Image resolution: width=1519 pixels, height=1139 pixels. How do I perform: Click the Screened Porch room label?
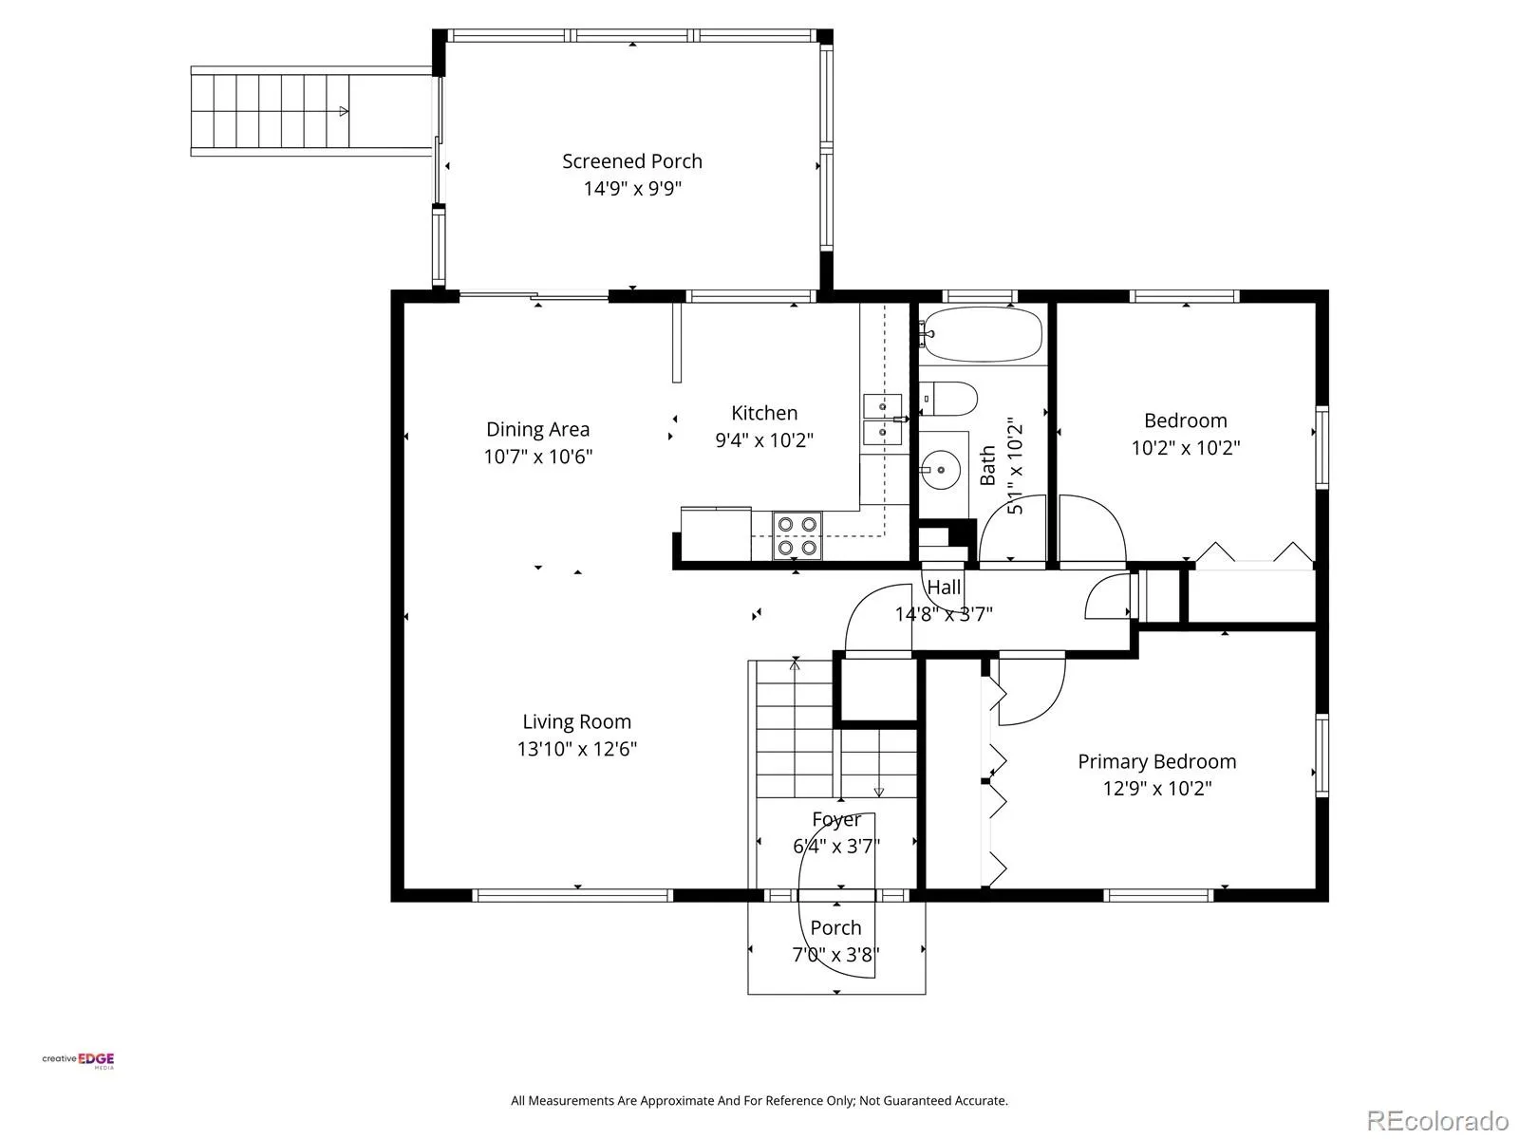pyautogui.click(x=632, y=161)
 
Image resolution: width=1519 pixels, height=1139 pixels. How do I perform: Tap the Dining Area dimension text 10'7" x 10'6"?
pyautogui.click(x=537, y=457)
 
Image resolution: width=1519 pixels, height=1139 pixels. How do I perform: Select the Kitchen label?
pyautogui.click(x=764, y=413)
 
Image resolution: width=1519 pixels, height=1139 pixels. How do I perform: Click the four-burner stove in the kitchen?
pyautogui.click(x=797, y=536)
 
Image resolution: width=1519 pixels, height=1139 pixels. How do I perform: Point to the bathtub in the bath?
pyautogui.click(x=983, y=335)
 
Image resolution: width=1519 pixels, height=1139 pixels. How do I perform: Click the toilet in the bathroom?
pyautogui.click(x=950, y=399)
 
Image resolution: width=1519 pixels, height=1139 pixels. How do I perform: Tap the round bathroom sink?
pyautogui.click(x=941, y=470)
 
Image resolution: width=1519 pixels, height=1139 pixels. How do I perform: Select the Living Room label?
pyautogui.click(x=576, y=721)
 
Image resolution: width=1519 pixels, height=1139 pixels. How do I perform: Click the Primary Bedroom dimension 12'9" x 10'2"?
pyautogui.click(x=1157, y=789)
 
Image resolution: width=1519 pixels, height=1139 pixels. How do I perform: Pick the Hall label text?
pyautogui.click(x=944, y=588)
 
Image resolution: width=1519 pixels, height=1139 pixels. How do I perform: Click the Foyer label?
pyautogui.click(x=836, y=819)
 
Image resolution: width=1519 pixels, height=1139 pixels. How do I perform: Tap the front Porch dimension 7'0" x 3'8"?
pyautogui.click(x=835, y=955)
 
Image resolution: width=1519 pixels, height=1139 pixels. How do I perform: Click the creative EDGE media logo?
pyautogui.click(x=78, y=1060)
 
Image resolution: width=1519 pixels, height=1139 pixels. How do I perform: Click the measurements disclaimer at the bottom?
pyautogui.click(x=759, y=1100)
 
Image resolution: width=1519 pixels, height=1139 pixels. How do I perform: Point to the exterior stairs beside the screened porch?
pyautogui.click(x=271, y=111)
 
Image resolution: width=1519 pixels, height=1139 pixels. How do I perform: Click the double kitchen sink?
pyautogui.click(x=882, y=420)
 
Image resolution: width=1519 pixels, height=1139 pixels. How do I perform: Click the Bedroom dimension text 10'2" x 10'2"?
pyautogui.click(x=1186, y=448)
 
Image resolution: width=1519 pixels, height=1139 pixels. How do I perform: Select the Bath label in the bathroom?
pyautogui.click(x=987, y=465)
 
